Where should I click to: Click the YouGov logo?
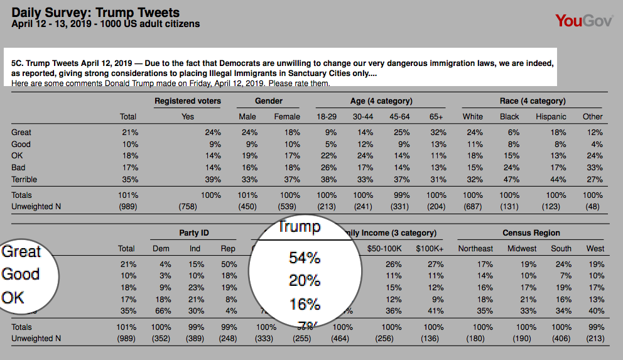click(x=586, y=21)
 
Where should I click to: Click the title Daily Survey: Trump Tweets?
click(x=95, y=13)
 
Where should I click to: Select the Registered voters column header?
click(x=187, y=101)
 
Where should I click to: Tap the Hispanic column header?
click(x=551, y=116)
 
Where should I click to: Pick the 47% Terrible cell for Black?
click(x=513, y=180)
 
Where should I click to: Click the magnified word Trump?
click(x=299, y=227)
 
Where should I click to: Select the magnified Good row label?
click(x=21, y=275)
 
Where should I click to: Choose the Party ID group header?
click(x=194, y=233)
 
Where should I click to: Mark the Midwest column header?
click(x=523, y=249)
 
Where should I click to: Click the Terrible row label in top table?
click(x=24, y=180)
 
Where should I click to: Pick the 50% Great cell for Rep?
click(x=229, y=265)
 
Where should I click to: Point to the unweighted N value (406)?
click(x=561, y=339)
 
